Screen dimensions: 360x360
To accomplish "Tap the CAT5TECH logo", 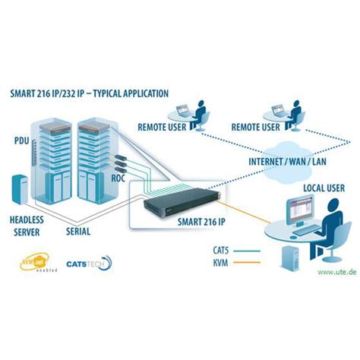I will (x=87, y=264).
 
